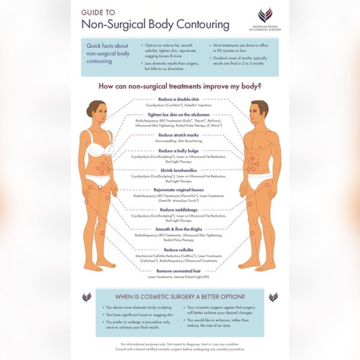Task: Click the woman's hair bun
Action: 89,111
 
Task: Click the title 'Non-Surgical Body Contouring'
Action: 155,24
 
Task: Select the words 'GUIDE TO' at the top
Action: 98,12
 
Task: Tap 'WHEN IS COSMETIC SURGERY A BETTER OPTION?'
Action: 180,297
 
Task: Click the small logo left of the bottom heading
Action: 87,297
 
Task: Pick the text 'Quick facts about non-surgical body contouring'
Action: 108,53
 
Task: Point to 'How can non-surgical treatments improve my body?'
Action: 180,86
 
